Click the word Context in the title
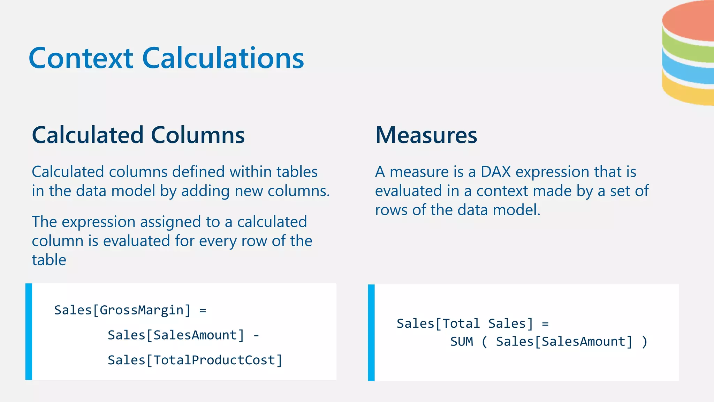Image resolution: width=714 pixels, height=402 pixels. [x=81, y=58]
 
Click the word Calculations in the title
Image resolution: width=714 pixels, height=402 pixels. [x=223, y=58]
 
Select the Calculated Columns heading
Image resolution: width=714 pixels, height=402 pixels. [x=138, y=135]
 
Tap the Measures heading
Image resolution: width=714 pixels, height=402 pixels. [x=426, y=135]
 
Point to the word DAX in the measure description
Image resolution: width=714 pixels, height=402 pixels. [x=495, y=172]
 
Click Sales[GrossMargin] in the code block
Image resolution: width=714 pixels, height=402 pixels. [x=122, y=310]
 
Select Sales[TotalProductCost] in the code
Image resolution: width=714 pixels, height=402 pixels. [x=195, y=360]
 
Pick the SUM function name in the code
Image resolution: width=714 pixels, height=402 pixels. [x=462, y=342]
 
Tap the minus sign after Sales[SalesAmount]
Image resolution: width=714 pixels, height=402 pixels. [x=256, y=335]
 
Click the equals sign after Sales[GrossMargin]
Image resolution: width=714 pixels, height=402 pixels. [x=203, y=310]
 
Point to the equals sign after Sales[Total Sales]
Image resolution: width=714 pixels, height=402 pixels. [x=545, y=324]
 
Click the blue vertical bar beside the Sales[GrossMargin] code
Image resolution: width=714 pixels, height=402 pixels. [x=29, y=332]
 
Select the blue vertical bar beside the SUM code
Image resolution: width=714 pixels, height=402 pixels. [x=371, y=333]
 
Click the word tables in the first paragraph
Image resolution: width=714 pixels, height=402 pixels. [x=297, y=172]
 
